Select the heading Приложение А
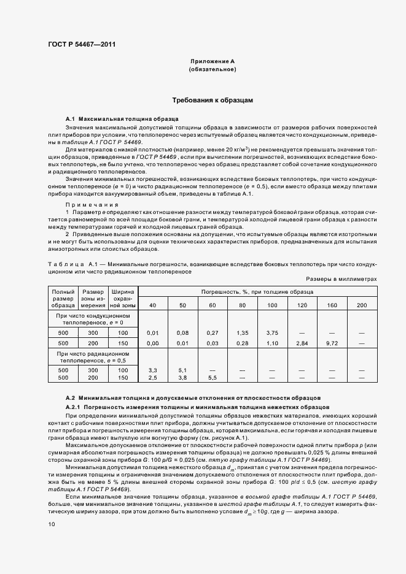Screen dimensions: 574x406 (x=213, y=62)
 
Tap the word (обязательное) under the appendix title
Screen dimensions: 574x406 (x=213, y=70)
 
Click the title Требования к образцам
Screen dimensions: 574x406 (x=213, y=99)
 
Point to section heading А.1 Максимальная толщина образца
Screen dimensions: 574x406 (x=122, y=118)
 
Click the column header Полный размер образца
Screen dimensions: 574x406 (x=63, y=299)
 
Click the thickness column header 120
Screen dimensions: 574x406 (x=302, y=305)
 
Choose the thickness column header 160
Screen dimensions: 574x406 (x=332, y=305)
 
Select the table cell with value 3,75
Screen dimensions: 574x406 (x=272, y=332)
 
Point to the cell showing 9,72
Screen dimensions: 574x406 (x=332, y=343)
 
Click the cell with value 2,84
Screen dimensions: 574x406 (x=302, y=343)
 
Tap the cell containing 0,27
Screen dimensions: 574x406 (x=213, y=332)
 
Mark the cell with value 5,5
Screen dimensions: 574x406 (x=213, y=378)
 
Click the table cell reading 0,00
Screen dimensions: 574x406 (x=153, y=343)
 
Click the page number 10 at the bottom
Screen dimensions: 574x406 (x=52, y=524)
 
